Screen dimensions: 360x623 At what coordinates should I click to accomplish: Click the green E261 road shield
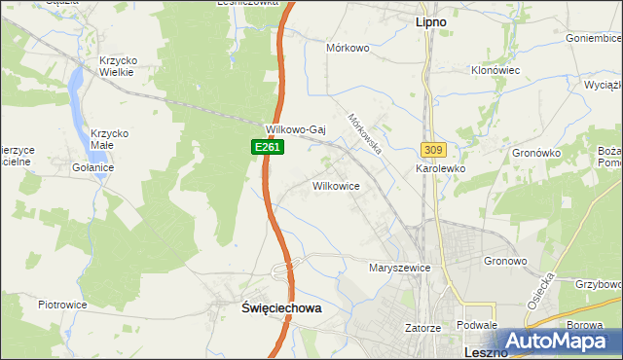pyautogui.click(x=258, y=146)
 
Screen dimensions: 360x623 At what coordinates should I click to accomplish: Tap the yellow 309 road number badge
pyautogui.click(x=433, y=149)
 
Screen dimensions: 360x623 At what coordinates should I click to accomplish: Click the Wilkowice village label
pyautogui.click(x=337, y=185)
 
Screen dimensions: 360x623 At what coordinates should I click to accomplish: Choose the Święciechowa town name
pyautogui.click(x=280, y=306)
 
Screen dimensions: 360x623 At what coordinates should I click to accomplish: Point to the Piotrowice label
pyautogui.click(x=63, y=305)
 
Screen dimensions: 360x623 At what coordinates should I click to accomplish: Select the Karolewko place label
pyautogui.click(x=441, y=168)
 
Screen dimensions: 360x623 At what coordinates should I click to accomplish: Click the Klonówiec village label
pyautogui.click(x=496, y=71)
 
